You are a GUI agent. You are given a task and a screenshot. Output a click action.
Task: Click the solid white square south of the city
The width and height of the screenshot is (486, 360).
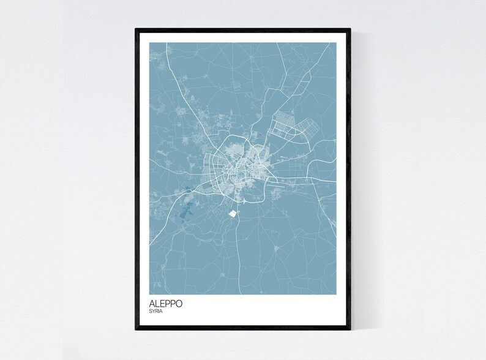coord(232,214)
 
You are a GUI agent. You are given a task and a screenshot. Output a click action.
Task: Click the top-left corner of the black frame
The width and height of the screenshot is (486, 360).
coord(136,29)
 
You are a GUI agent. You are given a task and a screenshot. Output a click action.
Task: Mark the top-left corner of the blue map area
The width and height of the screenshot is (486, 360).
coord(150,42)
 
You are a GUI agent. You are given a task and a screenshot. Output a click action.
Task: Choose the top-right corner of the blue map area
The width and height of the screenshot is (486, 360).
coord(337,42)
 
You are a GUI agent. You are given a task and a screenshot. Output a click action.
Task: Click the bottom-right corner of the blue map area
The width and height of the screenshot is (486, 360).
coord(337,294)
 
